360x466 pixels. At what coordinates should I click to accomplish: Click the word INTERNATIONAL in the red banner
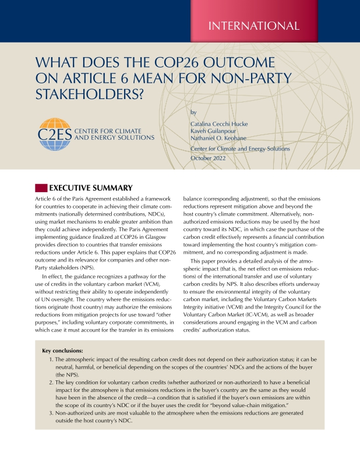click(x=257, y=25)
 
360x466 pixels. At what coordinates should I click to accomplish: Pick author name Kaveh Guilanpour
click(x=212, y=132)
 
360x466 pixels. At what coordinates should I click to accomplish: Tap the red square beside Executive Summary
click(x=41, y=188)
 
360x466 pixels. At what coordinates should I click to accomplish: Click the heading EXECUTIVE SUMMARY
click(x=91, y=188)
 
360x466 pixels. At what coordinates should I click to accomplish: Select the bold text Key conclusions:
click(x=63, y=351)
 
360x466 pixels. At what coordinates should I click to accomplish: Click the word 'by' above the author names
click(x=194, y=111)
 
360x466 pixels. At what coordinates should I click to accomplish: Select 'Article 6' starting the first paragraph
click(x=48, y=199)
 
